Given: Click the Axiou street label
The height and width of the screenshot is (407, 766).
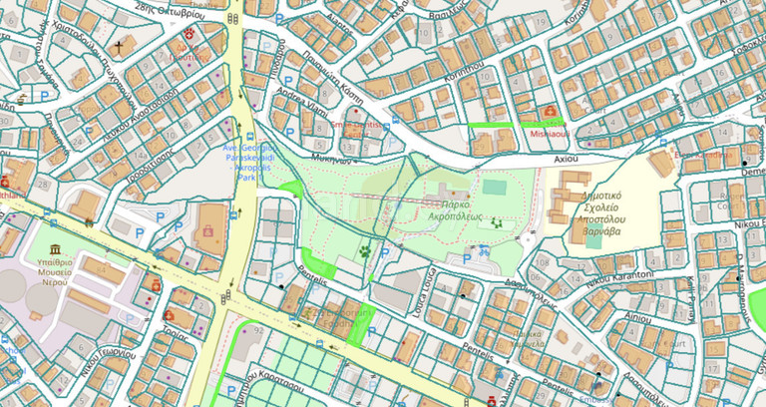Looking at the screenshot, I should point(567,158).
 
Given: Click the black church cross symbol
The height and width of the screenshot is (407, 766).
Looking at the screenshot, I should point(119,47).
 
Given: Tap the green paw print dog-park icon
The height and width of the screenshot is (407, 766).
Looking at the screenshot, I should point(367,251).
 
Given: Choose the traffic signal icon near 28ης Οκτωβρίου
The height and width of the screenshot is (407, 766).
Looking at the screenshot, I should point(231,19).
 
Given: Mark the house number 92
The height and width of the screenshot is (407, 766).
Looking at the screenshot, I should point(257,328).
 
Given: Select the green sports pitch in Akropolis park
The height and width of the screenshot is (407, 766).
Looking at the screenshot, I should point(494,187).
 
